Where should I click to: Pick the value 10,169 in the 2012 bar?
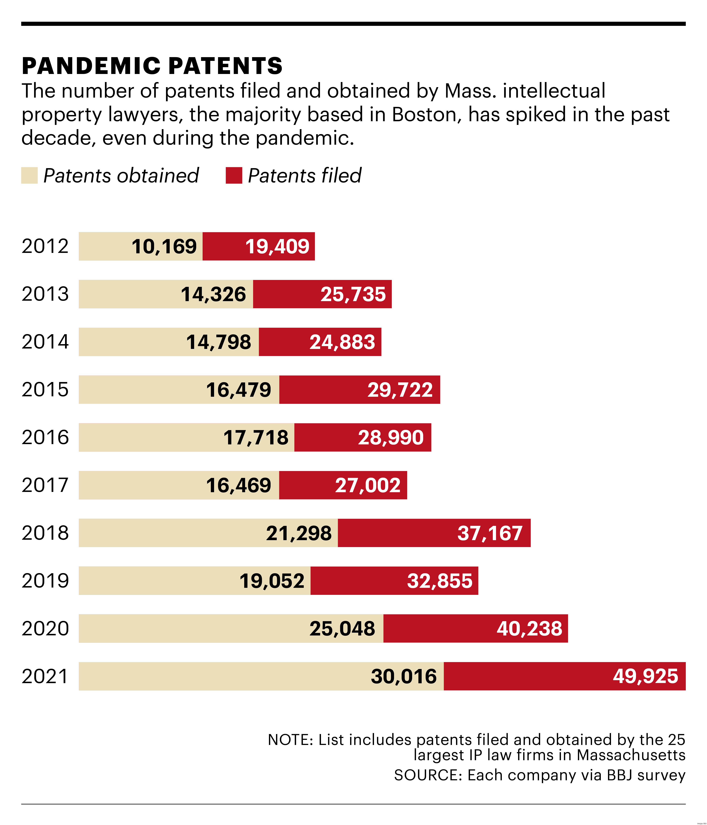coord(164,247)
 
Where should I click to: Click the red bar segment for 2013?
coord(322,294)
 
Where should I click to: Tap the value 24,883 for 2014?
coord(342,342)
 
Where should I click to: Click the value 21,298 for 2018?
coord(298,533)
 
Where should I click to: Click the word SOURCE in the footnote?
coord(428,775)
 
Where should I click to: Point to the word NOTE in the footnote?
coord(291,740)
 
